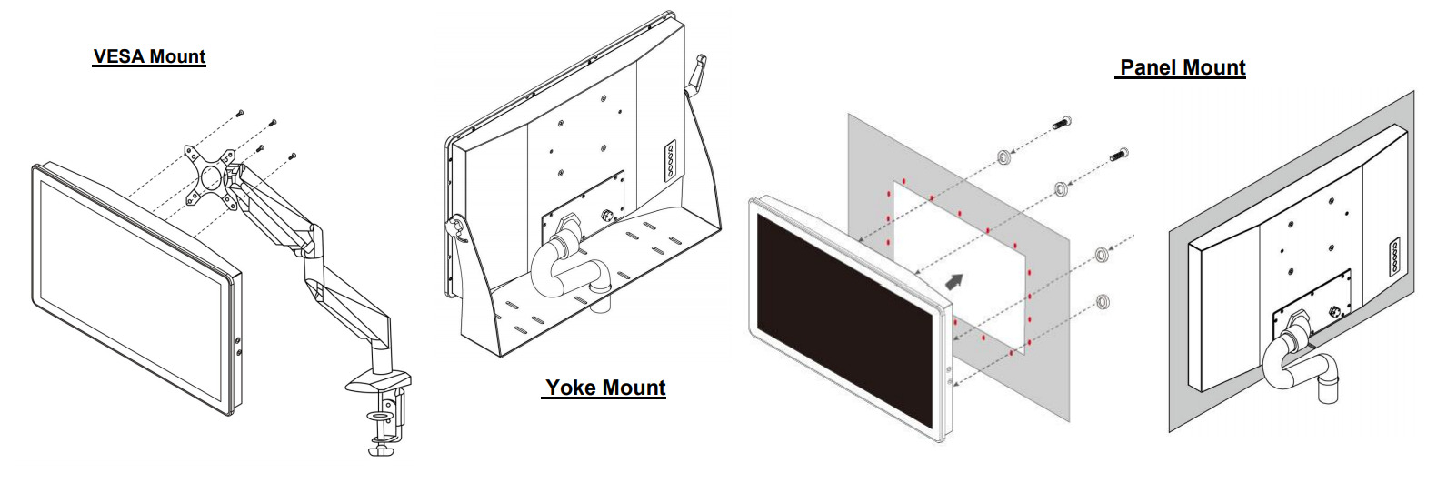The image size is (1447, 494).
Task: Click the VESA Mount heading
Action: click(x=149, y=56)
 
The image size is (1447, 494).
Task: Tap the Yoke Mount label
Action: click(x=605, y=388)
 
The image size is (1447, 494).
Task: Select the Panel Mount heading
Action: click(x=1182, y=67)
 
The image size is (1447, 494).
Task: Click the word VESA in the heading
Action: click(x=119, y=56)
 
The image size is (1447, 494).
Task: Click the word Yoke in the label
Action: click(x=571, y=388)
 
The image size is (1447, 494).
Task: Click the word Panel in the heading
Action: click(x=1148, y=67)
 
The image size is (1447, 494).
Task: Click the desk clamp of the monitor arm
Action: click(x=382, y=414)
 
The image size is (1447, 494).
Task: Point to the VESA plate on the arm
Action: click(x=208, y=175)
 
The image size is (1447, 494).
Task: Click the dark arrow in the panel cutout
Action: click(x=953, y=281)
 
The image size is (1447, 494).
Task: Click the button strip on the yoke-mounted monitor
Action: click(x=671, y=161)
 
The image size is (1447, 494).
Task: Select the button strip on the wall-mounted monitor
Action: click(x=1393, y=257)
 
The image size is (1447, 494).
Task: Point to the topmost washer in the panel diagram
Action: click(x=1004, y=156)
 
